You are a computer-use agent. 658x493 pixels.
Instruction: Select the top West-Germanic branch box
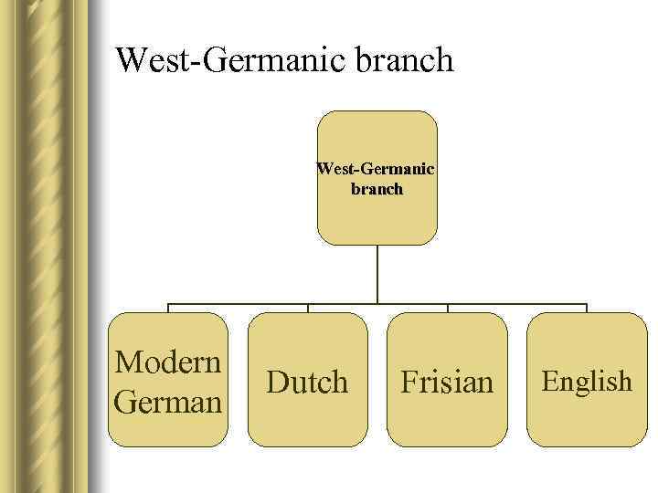click(x=377, y=219)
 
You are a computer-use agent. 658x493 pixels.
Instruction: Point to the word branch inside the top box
click(x=377, y=189)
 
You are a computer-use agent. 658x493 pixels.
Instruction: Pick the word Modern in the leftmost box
click(x=169, y=362)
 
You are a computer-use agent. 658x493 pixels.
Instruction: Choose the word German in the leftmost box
click(x=169, y=401)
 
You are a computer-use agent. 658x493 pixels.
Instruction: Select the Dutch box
click(x=307, y=420)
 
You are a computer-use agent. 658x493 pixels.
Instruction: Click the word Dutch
click(x=307, y=382)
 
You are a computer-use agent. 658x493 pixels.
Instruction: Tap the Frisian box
click(x=447, y=420)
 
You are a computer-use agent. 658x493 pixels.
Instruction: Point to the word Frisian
click(x=447, y=382)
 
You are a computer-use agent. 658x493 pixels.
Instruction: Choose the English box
click(x=587, y=420)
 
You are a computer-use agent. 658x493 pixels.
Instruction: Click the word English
click(x=587, y=381)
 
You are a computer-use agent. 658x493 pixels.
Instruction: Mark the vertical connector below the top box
click(x=377, y=274)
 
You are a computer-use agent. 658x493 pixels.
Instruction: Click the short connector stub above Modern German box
click(x=168, y=309)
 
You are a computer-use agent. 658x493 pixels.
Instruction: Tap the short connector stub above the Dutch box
click(x=307, y=309)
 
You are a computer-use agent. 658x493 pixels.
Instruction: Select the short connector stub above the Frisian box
click(x=447, y=309)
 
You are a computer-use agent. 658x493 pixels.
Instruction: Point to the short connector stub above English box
click(x=587, y=309)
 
